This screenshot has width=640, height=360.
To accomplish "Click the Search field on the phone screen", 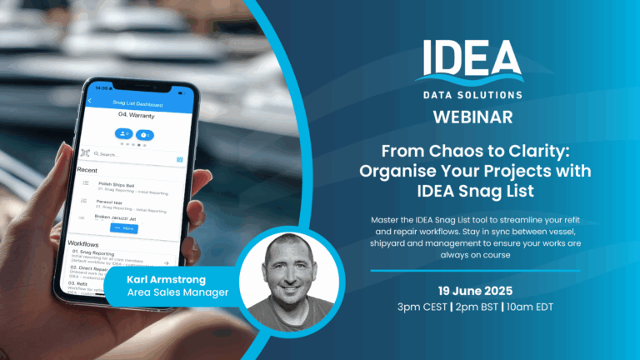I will (133, 155).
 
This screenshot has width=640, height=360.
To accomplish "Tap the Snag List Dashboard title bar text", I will (137, 103).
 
